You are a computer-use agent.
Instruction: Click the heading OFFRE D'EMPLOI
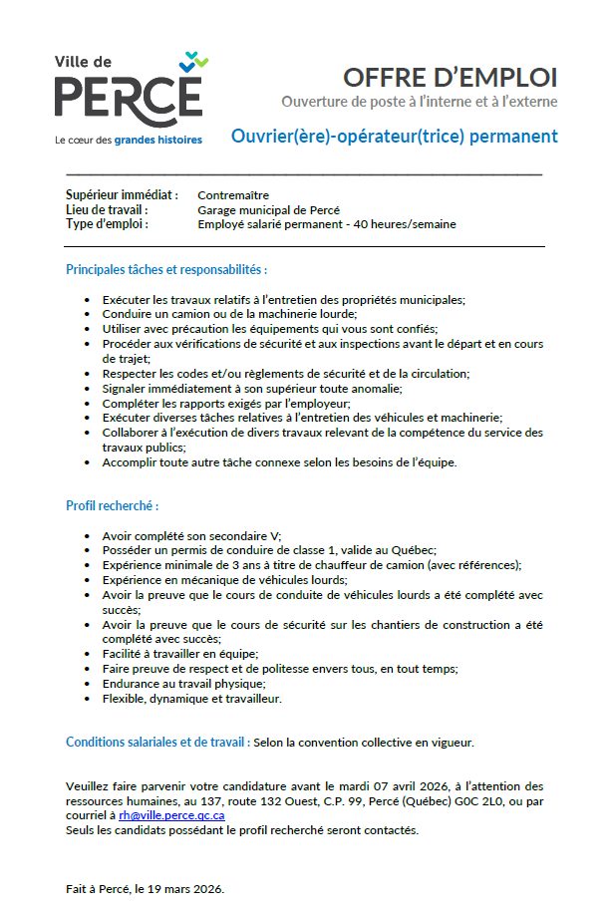pyautogui.click(x=450, y=77)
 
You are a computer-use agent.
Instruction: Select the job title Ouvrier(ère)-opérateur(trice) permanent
pyautogui.click(x=394, y=137)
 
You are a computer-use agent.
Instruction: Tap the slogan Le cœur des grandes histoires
pyautogui.click(x=129, y=141)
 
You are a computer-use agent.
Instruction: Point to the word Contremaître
pyautogui.click(x=233, y=195)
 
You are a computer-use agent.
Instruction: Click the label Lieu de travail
pyautogui.click(x=107, y=210)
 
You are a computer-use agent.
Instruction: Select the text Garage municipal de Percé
pyautogui.click(x=268, y=210)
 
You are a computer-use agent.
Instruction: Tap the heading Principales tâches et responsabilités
pyautogui.click(x=166, y=269)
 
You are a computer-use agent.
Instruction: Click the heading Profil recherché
pyautogui.click(x=113, y=506)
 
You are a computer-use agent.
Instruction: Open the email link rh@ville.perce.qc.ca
pyautogui.click(x=171, y=814)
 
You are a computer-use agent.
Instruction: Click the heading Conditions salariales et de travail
pyautogui.click(x=157, y=742)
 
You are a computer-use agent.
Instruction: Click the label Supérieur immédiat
pyautogui.click(x=122, y=195)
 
